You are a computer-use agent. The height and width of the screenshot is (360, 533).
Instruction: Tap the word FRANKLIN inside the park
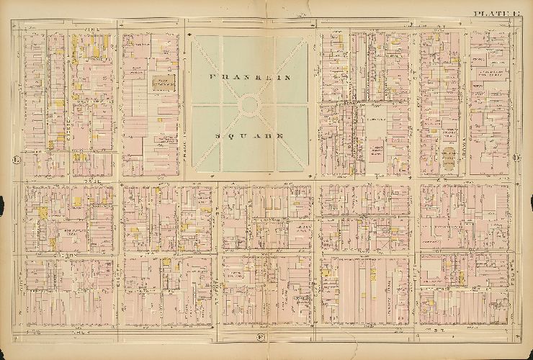[249, 76]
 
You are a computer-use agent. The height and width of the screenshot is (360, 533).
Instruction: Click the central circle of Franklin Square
[249, 105]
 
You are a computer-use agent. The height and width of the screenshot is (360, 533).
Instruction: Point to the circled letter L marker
[14, 158]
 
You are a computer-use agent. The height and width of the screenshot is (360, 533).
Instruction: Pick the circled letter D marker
[516, 158]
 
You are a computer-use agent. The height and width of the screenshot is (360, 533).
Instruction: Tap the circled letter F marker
[259, 337]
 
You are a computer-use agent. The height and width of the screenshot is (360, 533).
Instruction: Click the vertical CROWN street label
[416, 108]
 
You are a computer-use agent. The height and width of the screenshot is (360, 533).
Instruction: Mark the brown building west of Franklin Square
[164, 82]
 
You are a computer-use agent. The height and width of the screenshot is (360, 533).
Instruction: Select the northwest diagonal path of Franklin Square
[216, 65]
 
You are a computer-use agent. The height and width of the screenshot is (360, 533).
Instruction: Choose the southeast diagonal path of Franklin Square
[285, 148]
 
